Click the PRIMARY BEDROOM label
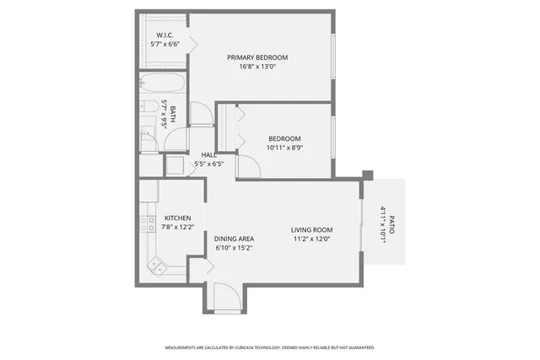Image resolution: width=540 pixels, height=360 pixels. point(257,57)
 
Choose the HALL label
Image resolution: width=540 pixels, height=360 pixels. point(208,154)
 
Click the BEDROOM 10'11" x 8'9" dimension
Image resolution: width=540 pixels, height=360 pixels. point(284,148)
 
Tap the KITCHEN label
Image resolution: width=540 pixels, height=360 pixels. point(178,217)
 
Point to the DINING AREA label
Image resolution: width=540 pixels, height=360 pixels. point(234,239)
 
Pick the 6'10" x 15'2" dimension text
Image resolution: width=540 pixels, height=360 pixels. point(234,249)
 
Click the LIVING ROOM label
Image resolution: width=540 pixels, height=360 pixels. point(311,229)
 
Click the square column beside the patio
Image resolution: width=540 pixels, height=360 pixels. point(367,175)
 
